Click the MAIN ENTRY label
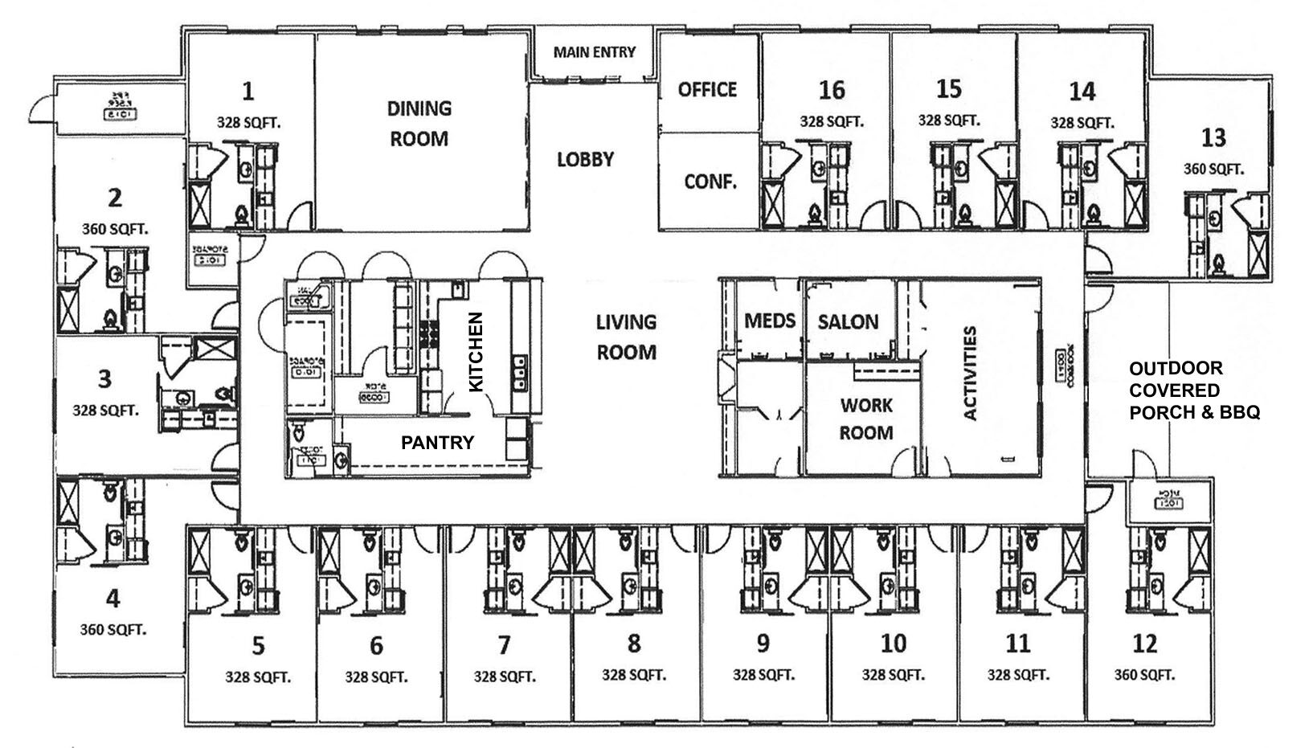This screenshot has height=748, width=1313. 594,52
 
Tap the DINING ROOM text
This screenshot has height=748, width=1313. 419,123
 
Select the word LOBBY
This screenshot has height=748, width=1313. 585,159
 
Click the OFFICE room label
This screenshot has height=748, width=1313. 706,89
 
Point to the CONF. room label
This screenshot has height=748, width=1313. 710,182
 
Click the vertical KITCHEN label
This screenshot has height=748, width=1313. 476,352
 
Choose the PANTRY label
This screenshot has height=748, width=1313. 437,442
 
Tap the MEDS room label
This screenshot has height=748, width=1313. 769,321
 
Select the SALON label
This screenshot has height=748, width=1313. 848,322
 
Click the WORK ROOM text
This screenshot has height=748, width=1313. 865,419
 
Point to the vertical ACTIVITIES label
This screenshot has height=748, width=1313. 969,372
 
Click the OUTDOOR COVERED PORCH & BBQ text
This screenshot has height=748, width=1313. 1193,390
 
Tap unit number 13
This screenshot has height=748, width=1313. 1213,137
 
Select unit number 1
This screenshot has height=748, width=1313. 247,91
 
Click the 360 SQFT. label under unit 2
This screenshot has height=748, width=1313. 115,229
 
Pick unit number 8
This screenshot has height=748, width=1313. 633,643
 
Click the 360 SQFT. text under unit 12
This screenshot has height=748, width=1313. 1143,675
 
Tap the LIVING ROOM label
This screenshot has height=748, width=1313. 625,337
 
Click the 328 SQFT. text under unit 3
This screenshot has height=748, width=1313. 105,410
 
